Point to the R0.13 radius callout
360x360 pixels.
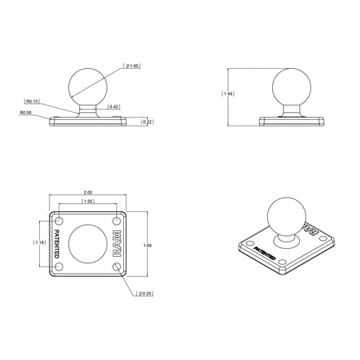pos(33,102)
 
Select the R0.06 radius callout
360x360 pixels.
pos(26,113)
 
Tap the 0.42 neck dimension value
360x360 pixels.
pos(114,106)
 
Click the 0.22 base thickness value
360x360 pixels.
pos(146,122)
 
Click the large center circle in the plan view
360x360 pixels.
pos(86,244)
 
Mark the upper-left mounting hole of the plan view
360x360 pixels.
pos(58,218)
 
